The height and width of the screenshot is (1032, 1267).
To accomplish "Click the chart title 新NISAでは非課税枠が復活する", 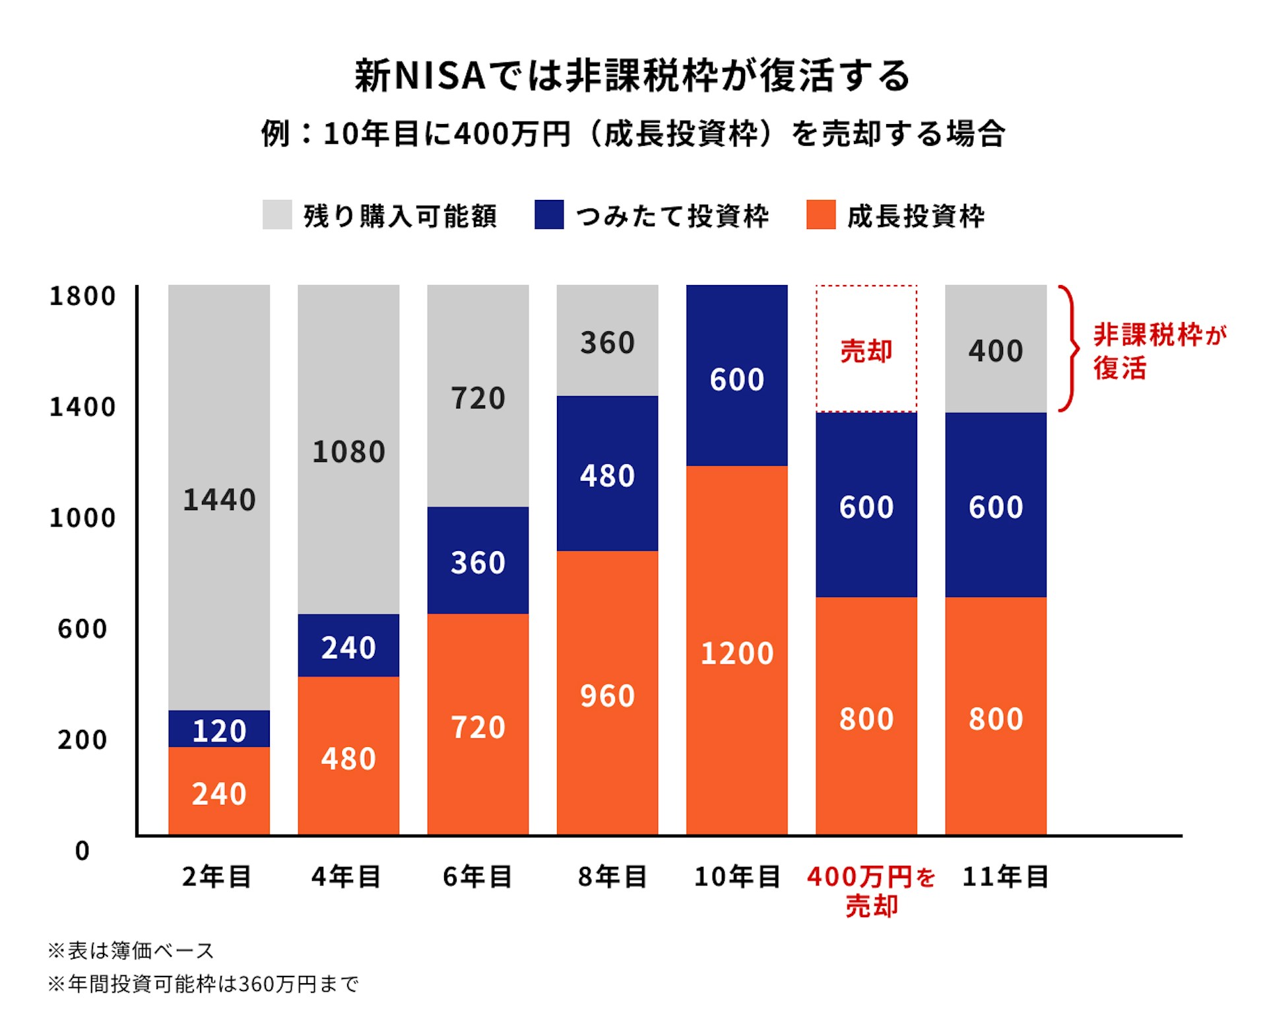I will pos(632,75).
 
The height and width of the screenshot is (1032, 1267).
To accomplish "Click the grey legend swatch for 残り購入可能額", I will pos(277,214).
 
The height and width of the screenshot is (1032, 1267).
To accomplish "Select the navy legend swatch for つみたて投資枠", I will pos(549,214).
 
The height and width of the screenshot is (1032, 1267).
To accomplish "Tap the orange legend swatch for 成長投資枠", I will pos(821,214).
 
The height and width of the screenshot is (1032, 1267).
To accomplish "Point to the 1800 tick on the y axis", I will pos(82,296).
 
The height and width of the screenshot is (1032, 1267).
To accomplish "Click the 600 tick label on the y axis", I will pos(82,629).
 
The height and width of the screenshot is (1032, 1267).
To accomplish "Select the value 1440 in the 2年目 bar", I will pos(219,500).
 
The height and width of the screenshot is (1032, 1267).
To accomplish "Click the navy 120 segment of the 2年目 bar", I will pos(219,730).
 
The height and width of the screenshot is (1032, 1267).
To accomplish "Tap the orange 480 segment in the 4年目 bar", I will pos(348,758).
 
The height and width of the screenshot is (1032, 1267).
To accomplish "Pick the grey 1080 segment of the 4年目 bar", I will pos(348,452).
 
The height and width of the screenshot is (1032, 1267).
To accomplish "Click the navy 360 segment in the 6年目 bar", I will pos(478,562).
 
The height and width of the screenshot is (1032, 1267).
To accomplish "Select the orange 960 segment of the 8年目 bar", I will pos(607,695).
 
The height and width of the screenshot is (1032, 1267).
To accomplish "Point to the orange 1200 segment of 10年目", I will pos(736,653).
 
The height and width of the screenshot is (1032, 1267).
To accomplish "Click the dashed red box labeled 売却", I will pos(866,350).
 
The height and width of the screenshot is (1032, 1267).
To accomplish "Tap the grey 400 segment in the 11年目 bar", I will pos(995,350).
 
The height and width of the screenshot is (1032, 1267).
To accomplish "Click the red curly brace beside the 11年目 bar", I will pos(1069,348).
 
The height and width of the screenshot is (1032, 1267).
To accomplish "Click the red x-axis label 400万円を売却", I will pos(871,891).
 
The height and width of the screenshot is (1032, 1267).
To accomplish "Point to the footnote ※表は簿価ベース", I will pos(131,951).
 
